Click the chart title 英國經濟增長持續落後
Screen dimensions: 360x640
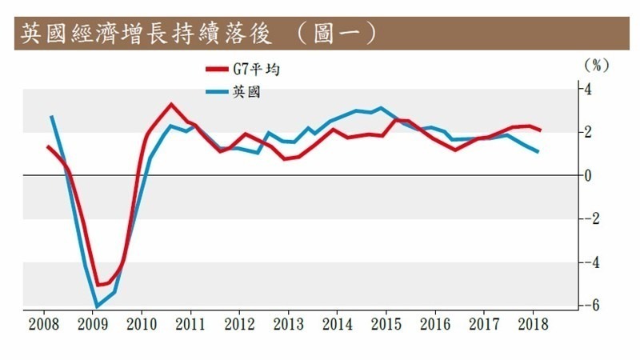pyautogui.click(x=149, y=33)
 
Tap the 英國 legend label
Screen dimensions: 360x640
pyautogui.click(x=243, y=91)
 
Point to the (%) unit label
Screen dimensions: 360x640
pyautogui.click(x=596, y=63)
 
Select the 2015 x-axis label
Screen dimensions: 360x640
pyautogui.click(x=386, y=325)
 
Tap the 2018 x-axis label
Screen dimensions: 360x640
pyautogui.click(x=532, y=325)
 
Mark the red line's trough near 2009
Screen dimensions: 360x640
pyautogui.click(x=99, y=285)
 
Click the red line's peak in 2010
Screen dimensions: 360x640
pyautogui.click(x=170, y=104)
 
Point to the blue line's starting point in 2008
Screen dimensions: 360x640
pyautogui.click(x=51, y=117)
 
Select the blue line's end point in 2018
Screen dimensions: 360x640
pyautogui.click(x=537, y=152)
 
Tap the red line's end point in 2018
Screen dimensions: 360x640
pyautogui.click(x=540, y=130)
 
